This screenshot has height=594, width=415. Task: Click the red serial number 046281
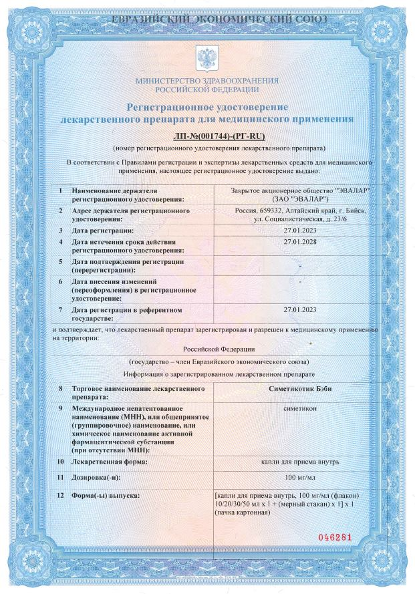tap(334, 537)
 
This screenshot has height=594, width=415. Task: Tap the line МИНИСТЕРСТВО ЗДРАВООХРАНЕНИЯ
tap(206, 80)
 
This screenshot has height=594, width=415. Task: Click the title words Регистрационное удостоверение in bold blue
tap(206, 108)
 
